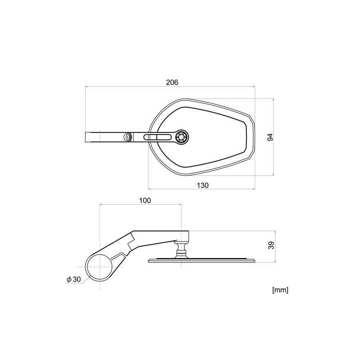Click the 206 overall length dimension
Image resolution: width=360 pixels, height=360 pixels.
[172, 82]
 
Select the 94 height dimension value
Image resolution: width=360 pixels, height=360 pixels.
[270, 137]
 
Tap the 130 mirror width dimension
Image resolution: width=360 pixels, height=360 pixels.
[203, 185]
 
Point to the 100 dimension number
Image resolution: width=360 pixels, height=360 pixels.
[145, 200]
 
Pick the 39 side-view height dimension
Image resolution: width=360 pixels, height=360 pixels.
[271, 245]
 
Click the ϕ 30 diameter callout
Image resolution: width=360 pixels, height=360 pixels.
[74, 279]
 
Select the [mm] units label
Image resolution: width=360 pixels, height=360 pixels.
[280, 290]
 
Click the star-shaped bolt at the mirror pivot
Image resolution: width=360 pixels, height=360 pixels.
[182, 137]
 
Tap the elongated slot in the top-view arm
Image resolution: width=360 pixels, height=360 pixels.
[157, 137]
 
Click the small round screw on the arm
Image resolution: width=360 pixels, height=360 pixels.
[127, 137]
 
